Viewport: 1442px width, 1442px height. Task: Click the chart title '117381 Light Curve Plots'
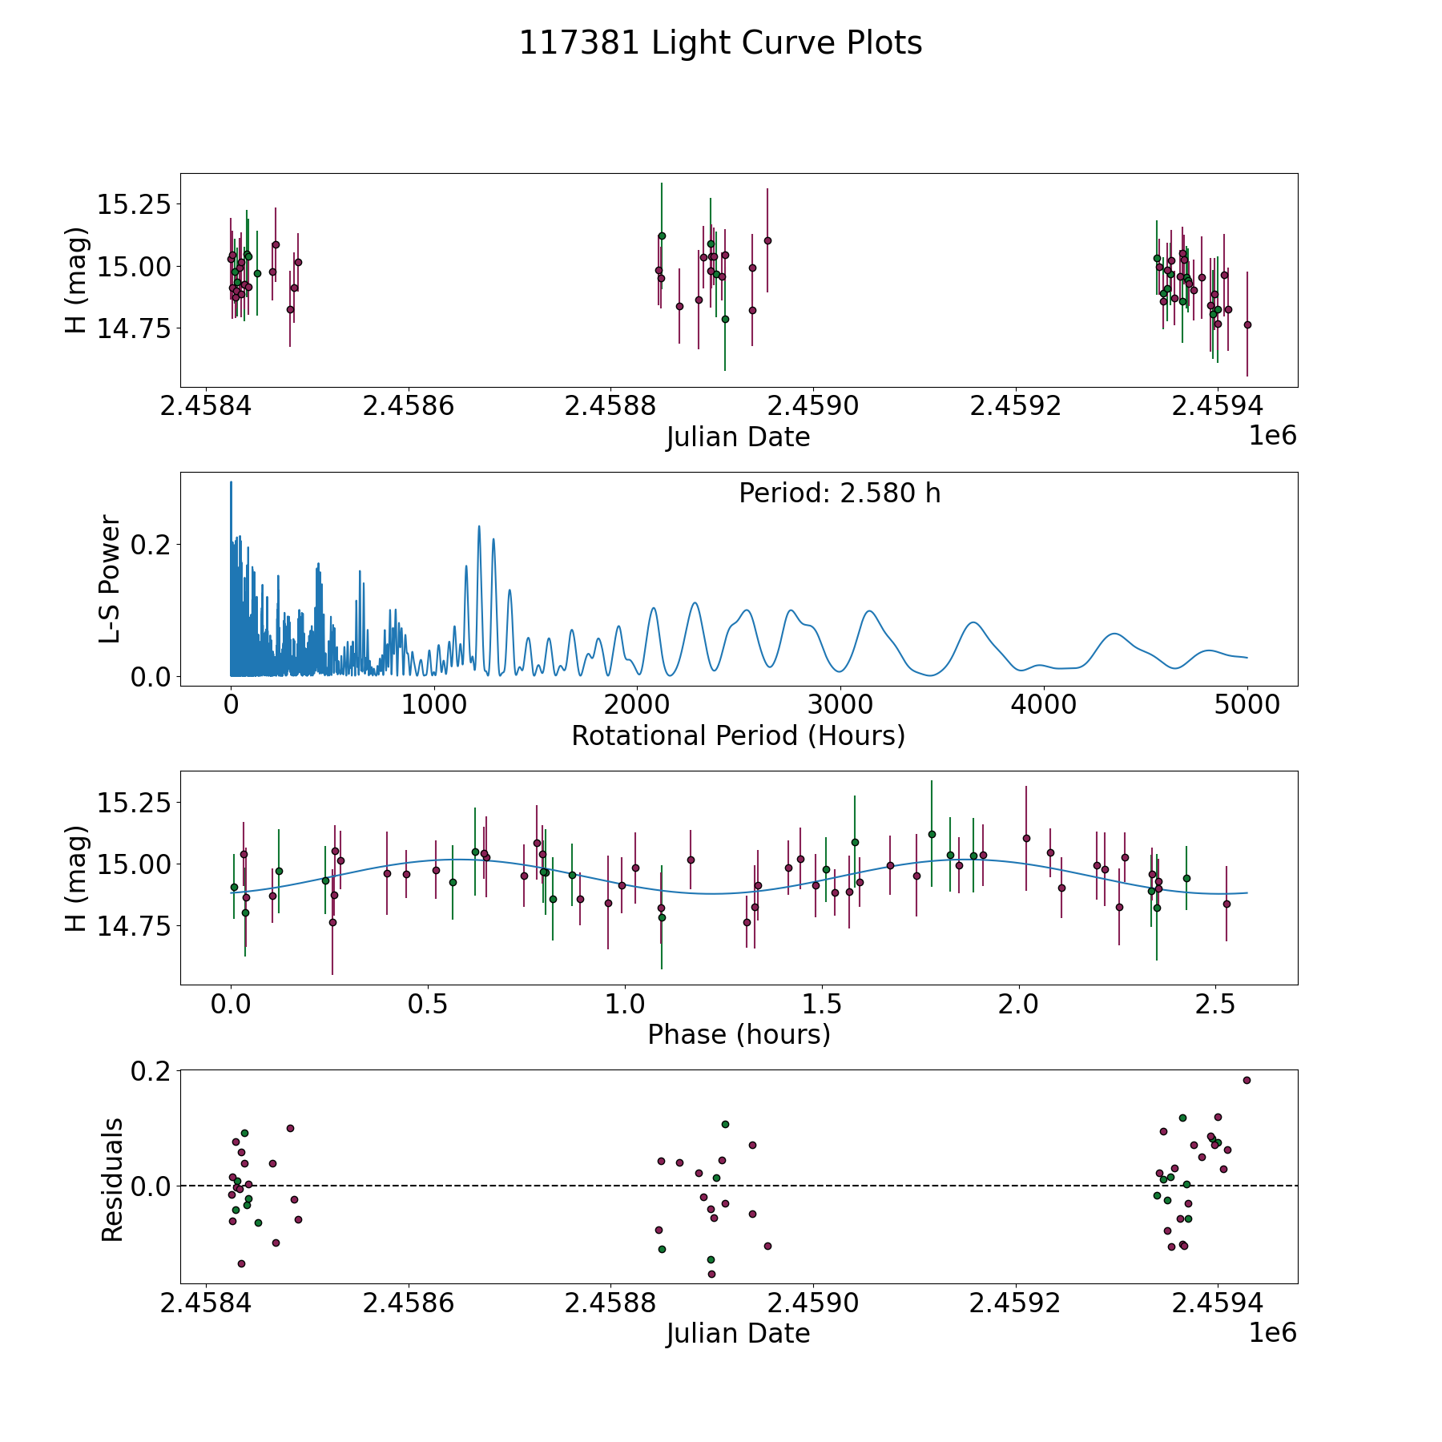(720, 43)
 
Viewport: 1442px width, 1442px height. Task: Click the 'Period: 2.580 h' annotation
(840, 493)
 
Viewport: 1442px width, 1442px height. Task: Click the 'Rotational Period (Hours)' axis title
(738, 735)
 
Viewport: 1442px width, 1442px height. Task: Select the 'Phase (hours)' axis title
(739, 1034)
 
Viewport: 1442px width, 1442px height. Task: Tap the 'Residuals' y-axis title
(112, 1180)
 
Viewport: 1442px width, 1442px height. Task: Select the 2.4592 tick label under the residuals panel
(1016, 1302)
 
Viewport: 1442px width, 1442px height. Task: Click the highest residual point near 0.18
(1247, 1080)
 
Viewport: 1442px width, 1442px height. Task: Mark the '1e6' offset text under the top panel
(1273, 435)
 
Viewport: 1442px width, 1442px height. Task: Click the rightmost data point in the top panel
(1247, 324)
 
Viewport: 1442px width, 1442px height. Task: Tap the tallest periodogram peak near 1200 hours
(479, 526)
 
